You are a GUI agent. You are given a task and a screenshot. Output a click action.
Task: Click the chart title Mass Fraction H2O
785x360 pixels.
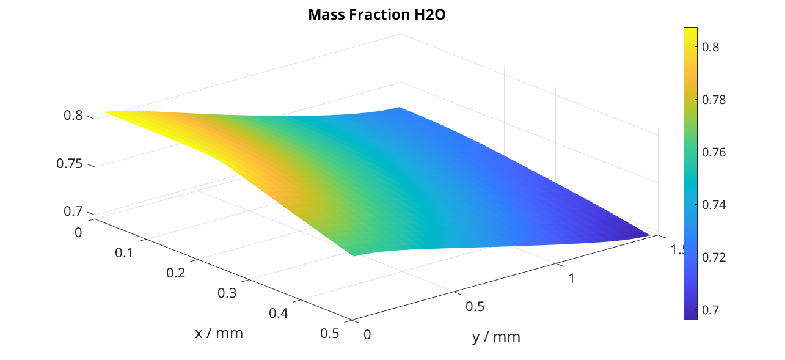pos(377,15)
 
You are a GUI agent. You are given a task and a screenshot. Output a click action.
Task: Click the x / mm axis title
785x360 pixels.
pos(219,333)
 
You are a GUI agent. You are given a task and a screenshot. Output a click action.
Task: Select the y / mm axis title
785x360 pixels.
pos(496,336)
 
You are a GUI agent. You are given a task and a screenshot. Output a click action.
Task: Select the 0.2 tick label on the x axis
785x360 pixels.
pos(177,273)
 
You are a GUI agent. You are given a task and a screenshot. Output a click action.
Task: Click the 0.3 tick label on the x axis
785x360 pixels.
pos(228,293)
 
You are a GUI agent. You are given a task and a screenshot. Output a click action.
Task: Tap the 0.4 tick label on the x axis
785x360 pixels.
pos(279,313)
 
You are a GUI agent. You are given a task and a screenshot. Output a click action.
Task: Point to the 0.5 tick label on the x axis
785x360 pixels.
pos(330,333)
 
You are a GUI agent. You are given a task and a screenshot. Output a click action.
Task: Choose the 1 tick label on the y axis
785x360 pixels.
pos(571,278)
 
